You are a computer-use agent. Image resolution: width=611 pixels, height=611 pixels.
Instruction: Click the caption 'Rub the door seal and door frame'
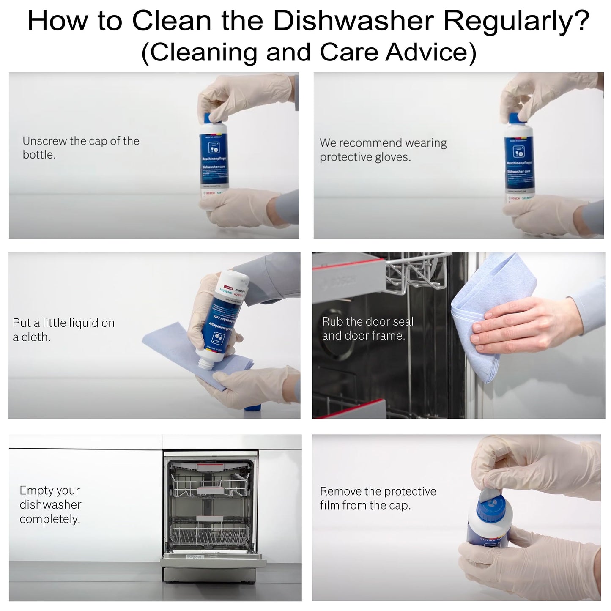(367, 329)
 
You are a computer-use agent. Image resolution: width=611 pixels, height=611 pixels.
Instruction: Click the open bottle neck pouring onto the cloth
(207, 361)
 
